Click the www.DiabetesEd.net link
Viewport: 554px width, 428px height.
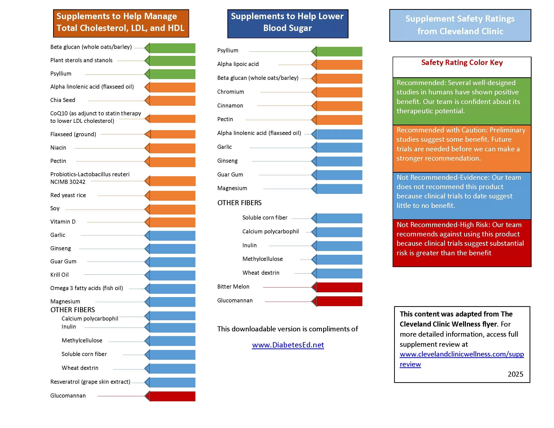[x=288, y=345]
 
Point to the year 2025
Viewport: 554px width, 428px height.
[x=515, y=374]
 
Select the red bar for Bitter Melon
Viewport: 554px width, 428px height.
[x=339, y=287]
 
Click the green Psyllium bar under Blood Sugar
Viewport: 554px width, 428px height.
[x=339, y=51]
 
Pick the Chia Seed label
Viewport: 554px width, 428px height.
[x=63, y=100]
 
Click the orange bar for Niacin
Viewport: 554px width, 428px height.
[x=172, y=148]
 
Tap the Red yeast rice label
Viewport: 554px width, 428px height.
[x=68, y=195]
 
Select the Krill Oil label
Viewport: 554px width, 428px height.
[x=59, y=275]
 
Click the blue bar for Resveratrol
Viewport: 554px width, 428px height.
[x=172, y=382]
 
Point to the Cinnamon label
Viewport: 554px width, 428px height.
[x=230, y=105]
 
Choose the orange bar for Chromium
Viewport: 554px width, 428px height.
[x=339, y=92]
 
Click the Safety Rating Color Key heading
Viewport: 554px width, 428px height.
[x=462, y=62]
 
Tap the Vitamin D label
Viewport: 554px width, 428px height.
[x=63, y=222]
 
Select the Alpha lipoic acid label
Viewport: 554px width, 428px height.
[x=238, y=64]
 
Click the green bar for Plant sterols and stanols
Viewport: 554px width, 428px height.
[x=172, y=61]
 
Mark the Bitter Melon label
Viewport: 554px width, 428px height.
[x=233, y=287]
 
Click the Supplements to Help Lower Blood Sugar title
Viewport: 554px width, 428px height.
[x=287, y=22]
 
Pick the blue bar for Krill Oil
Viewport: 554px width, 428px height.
[x=172, y=275]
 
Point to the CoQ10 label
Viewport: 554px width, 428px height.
[x=95, y=117]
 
